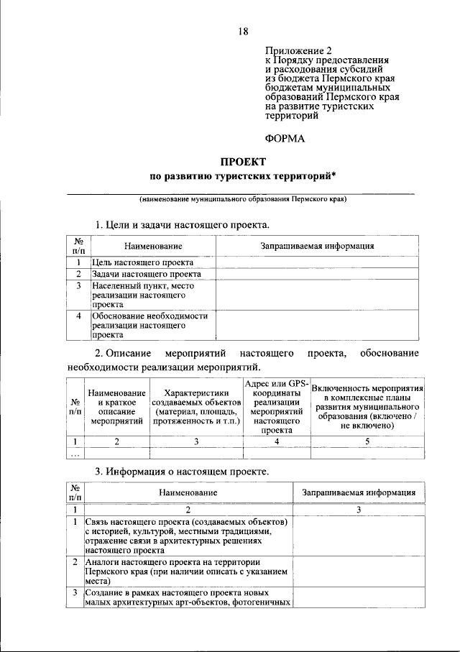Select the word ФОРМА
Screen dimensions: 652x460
click(285, 139)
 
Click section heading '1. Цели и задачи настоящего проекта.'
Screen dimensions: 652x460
click(183, 224)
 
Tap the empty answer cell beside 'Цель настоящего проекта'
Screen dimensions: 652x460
click(316, 262)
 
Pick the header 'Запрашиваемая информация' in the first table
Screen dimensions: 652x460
click(316, 246)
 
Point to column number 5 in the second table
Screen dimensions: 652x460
click(367, 441)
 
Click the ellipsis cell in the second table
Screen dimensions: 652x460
click(73, 453)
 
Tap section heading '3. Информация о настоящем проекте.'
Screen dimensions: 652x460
click(183, 472)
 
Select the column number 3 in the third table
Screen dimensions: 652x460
click(358, 509)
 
